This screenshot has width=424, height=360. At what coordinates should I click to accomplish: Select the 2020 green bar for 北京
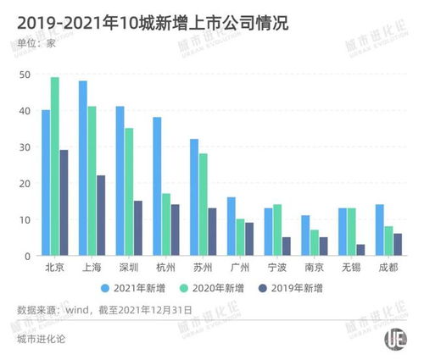click(x=55, y=166)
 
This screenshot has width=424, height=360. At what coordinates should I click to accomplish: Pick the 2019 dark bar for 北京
click(x=65, y=202)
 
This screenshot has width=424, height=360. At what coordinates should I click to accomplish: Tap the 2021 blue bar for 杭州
click(x=157, y=186)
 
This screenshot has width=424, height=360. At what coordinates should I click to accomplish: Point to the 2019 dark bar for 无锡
click(x=362, y=250)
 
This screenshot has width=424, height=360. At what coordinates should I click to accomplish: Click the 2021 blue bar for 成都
click(x=379, y=230)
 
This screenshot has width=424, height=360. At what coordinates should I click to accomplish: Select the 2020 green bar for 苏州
click(x=204, y=204)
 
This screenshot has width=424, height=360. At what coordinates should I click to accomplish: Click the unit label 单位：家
click(x=36, y=45)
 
